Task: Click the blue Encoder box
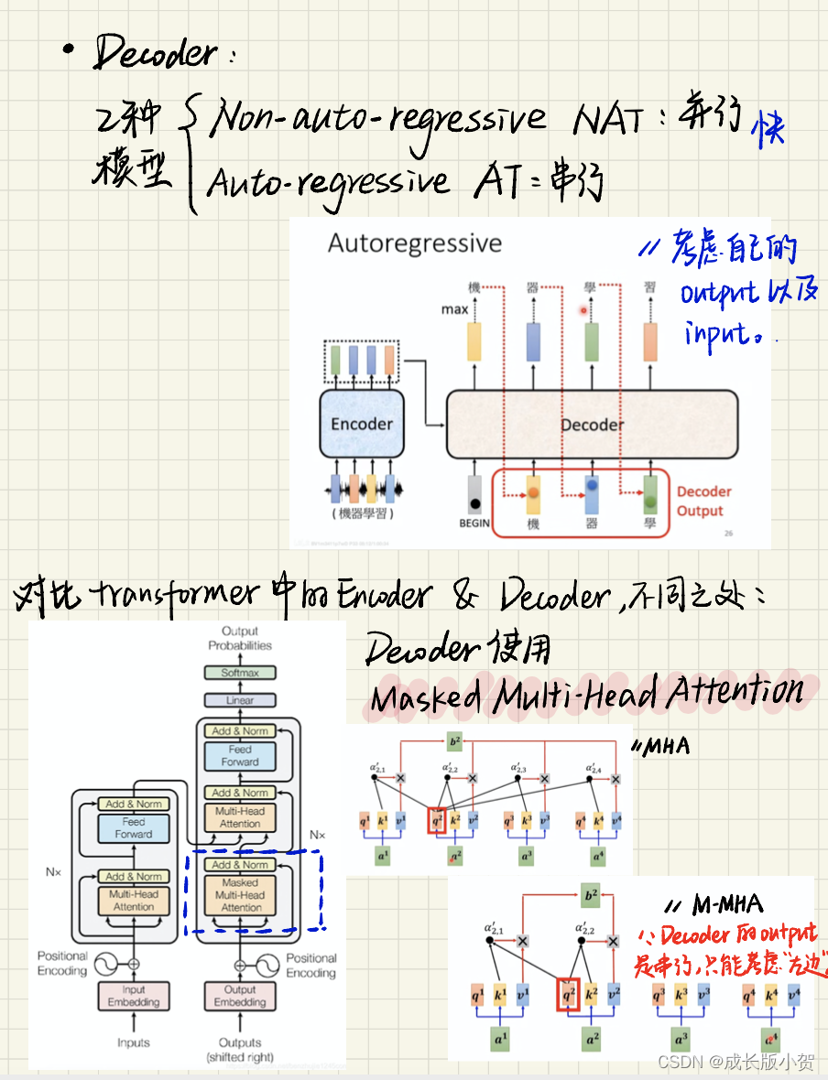(x=362, y=424)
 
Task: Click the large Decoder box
(x=592, y=425)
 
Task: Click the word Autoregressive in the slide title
(x=415, y=243)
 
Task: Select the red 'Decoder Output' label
(x=703, y=501)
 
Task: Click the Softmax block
(x=240, y=673)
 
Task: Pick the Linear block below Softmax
(x=240, y=700)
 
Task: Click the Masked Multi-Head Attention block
(x=241, y=895)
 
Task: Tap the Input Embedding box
(x=134, y=996)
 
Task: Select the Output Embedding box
(x=240, y=996)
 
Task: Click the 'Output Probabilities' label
(x=240, y=638)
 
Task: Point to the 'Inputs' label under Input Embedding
(x=134, y=1042)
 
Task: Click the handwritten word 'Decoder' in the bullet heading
(x=156, y=55)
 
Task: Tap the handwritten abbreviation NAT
(x=607, y=120)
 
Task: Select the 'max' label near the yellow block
(x=454, y=309)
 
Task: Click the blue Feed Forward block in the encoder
(x=134, y=828)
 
